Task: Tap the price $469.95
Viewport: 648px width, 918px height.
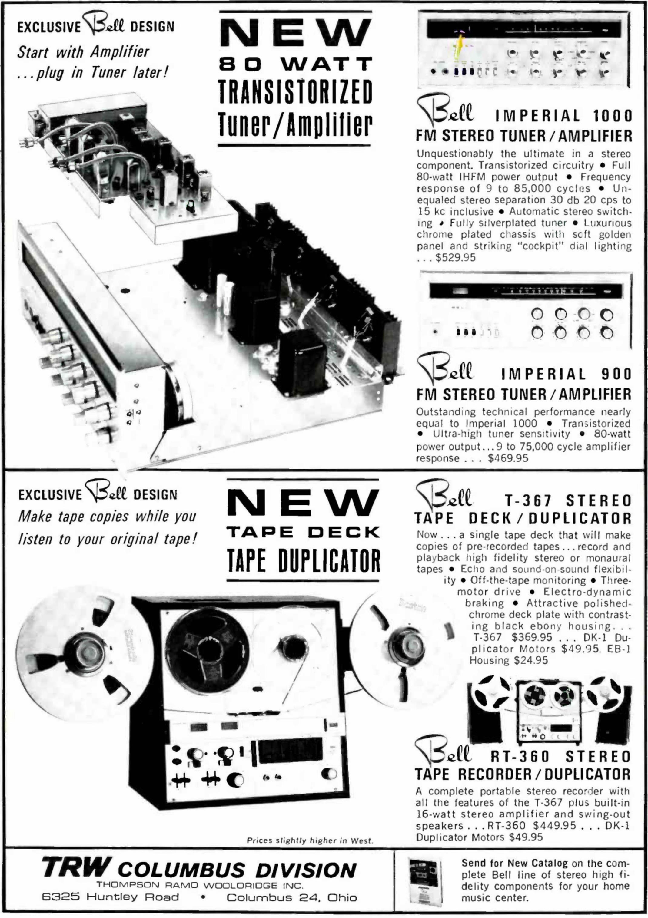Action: tap(508, 458)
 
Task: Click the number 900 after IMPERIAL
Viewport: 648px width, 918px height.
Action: tap(616, 374)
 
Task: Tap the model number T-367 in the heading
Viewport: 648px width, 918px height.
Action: tap(528, 500)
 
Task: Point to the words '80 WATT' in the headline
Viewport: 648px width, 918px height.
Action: tap(296, 64)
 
